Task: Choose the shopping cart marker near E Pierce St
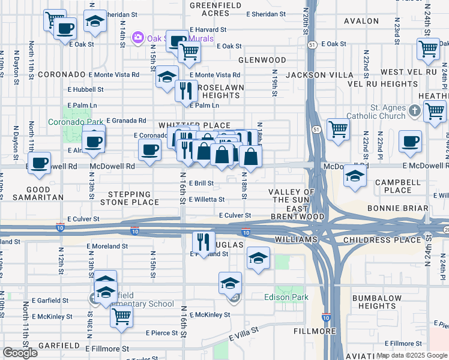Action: coord(121,318)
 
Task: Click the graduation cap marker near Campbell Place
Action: coord(355,177)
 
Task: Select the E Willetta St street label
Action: coord(206,200)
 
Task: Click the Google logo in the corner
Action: coord(20,353)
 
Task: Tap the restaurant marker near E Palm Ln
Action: coord(186,91)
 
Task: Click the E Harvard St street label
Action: coord(208,29)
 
